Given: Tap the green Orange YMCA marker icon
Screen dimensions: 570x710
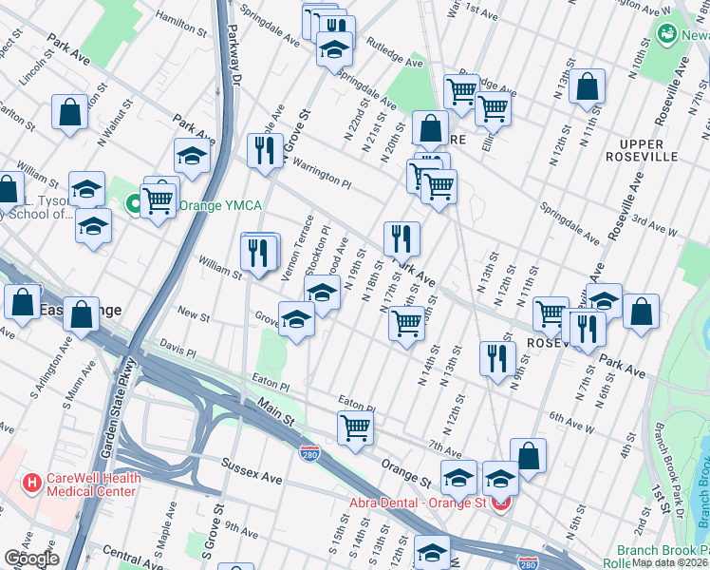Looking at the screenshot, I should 134,203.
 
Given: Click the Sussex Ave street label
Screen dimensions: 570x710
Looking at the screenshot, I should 252,468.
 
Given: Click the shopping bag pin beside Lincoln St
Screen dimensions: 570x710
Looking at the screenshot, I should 70,111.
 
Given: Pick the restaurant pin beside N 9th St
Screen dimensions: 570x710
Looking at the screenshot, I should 496,357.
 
